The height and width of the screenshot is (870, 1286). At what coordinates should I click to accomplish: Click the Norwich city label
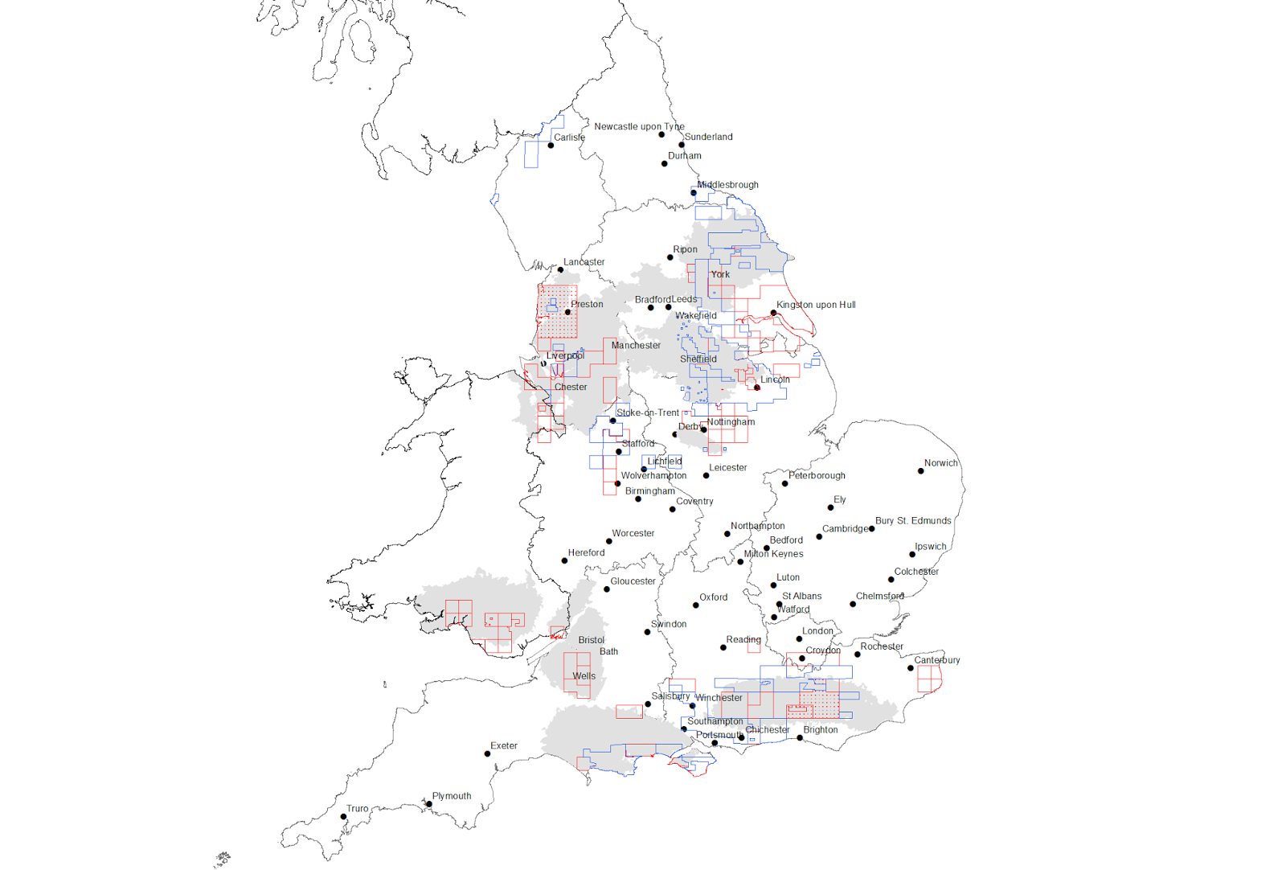pos(940,463)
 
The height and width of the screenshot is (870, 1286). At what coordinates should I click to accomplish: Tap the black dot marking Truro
pos(343,817)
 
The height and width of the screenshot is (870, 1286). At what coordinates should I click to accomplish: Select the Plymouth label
pos(451,796)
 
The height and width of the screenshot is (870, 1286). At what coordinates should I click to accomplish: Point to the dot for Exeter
pos(487,753)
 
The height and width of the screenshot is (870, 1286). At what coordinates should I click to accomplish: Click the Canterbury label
pos(936,660)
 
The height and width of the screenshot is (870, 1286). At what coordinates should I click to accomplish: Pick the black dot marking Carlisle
pos(551,146)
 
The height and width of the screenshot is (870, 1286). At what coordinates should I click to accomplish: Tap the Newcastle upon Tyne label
pos(639,126)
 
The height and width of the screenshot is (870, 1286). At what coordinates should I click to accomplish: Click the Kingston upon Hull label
pos(815,305)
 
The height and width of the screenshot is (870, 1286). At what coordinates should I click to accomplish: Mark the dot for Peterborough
pos(785,483)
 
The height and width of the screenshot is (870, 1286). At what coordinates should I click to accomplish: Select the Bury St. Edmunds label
pos(912,521)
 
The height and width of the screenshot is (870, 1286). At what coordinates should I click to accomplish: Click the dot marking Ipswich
pos(912,554)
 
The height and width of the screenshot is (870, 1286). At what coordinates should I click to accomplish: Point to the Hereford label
pos(586,552)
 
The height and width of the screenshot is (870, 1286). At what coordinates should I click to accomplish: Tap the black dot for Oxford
pos(696,605)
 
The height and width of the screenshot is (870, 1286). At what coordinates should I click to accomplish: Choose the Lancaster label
pos(584,262)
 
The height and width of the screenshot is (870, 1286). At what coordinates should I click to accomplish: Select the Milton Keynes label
pos(773,554)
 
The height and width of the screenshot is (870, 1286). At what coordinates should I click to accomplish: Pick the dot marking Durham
pos(665,164)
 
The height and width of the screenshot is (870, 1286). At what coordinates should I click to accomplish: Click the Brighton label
pos(820,730)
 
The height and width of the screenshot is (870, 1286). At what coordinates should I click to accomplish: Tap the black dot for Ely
pos(831,507)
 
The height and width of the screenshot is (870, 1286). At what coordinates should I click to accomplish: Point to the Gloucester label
pos(633,581)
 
